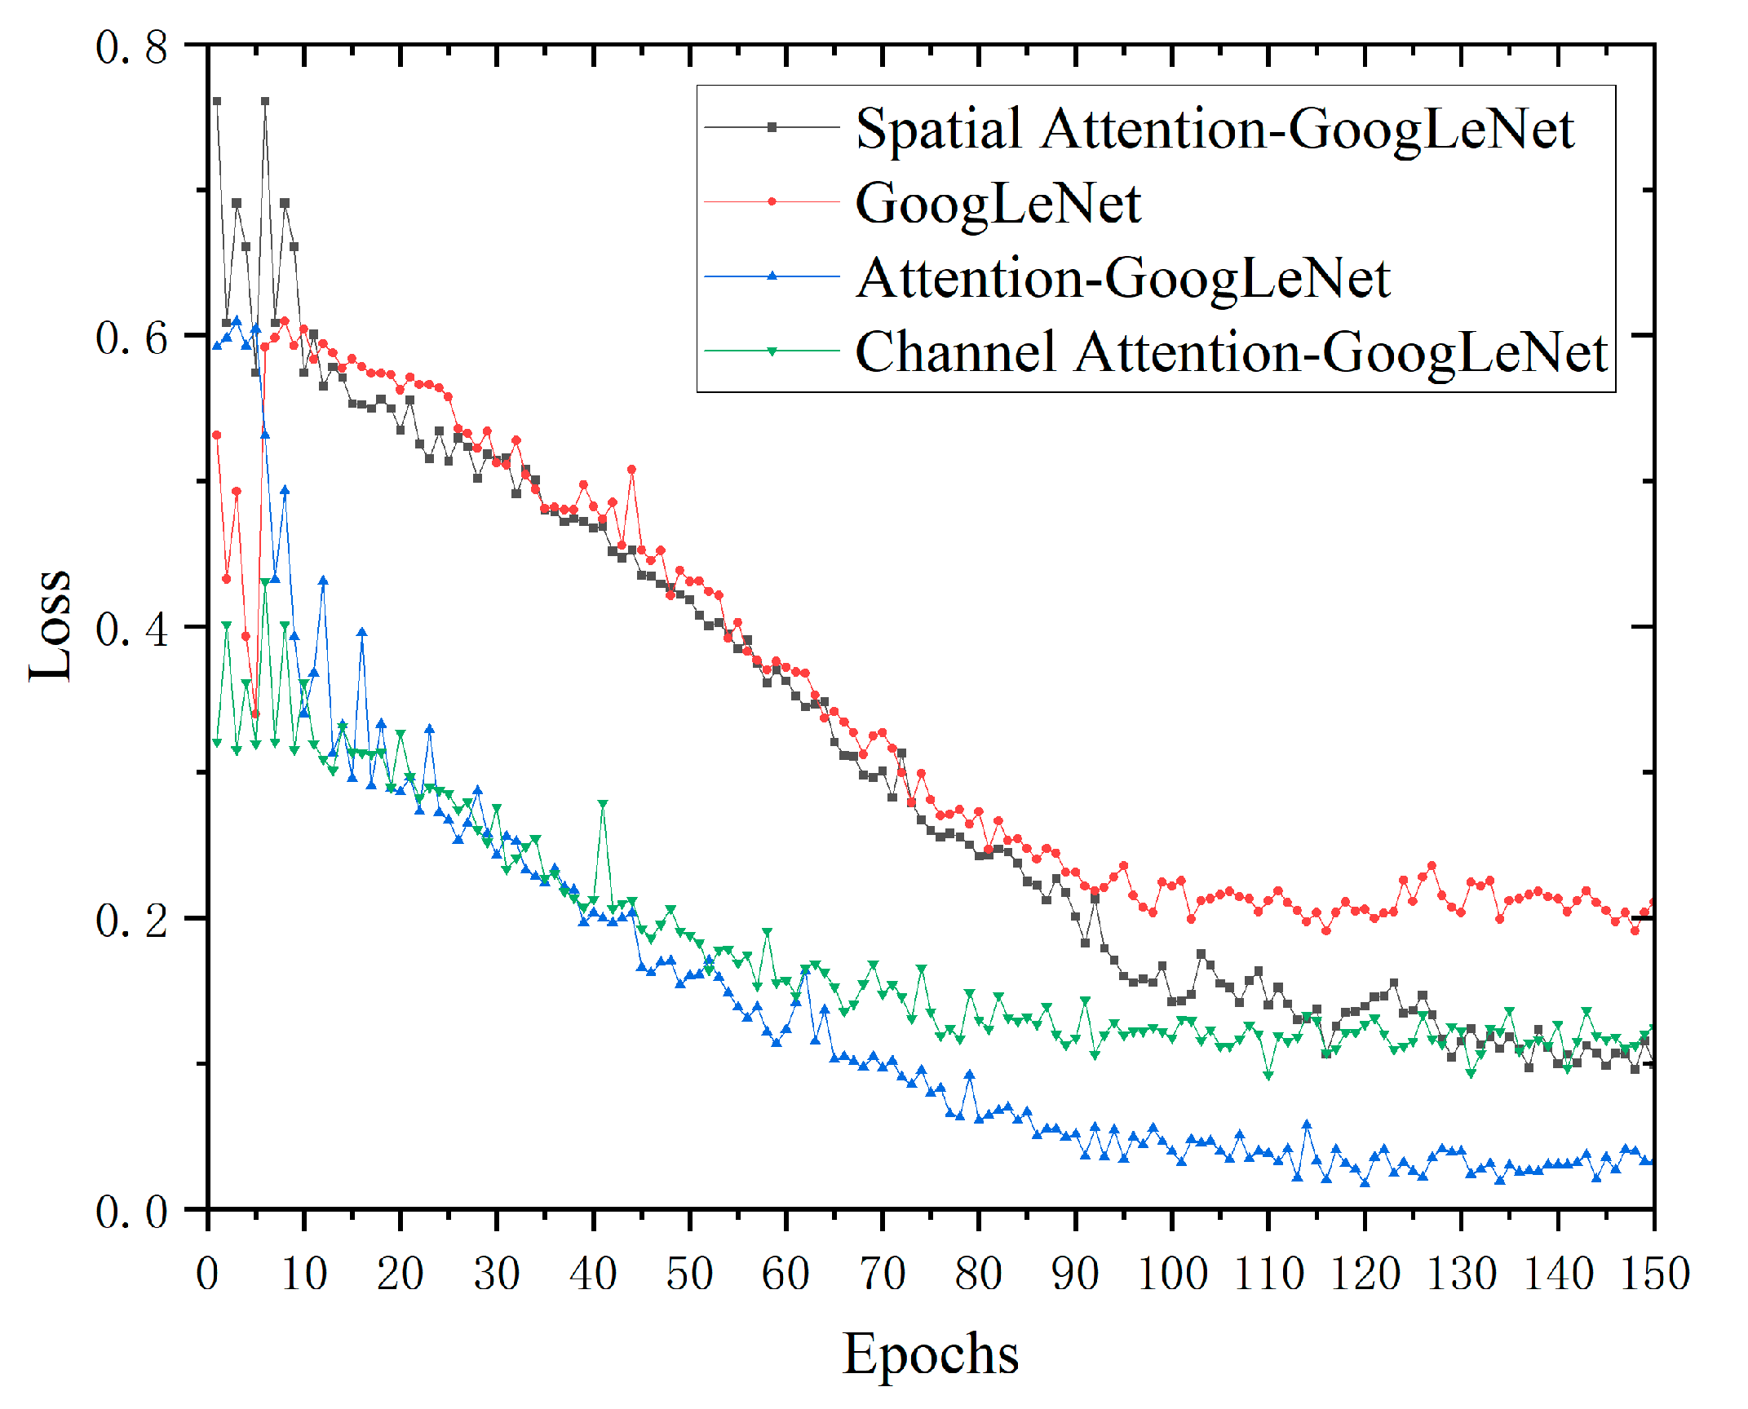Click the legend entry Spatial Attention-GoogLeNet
tap(1214, 129)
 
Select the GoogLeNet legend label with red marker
tap(998, 203)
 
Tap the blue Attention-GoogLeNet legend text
tap(1122, 278)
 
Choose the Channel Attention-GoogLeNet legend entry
tap(1230, 352)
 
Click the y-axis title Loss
tap(51, 626)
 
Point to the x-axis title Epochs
tap(930, 1354)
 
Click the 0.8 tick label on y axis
tap(131, 46)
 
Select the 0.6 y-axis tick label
tap(131, 337)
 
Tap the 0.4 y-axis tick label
tap(131, 629)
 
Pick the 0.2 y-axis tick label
tap(131, 920)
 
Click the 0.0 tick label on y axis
tap(131, 1212)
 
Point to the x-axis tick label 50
tap(689, 1274)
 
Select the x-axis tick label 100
tap(1171, 1274)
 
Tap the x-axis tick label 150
tap(1654, 1274)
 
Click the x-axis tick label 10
tap(303, 1274)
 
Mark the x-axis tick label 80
tap(979, 1274)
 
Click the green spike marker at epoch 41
tap(603, 804)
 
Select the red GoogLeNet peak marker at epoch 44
tap(631, 470)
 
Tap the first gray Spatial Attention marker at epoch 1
tap(217, 102)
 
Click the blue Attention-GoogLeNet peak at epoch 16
tap(362, 632)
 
